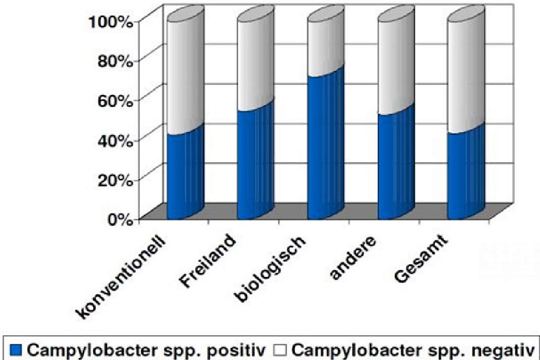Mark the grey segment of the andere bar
[x=396, y=62]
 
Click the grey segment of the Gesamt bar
[x=466, y=72]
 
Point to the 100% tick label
[x=111, y=23]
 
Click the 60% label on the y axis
[x=116, y=101]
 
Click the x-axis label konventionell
[x=121, y=276]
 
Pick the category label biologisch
[x=269, y=269]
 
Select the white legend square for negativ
[x=280, y=350]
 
